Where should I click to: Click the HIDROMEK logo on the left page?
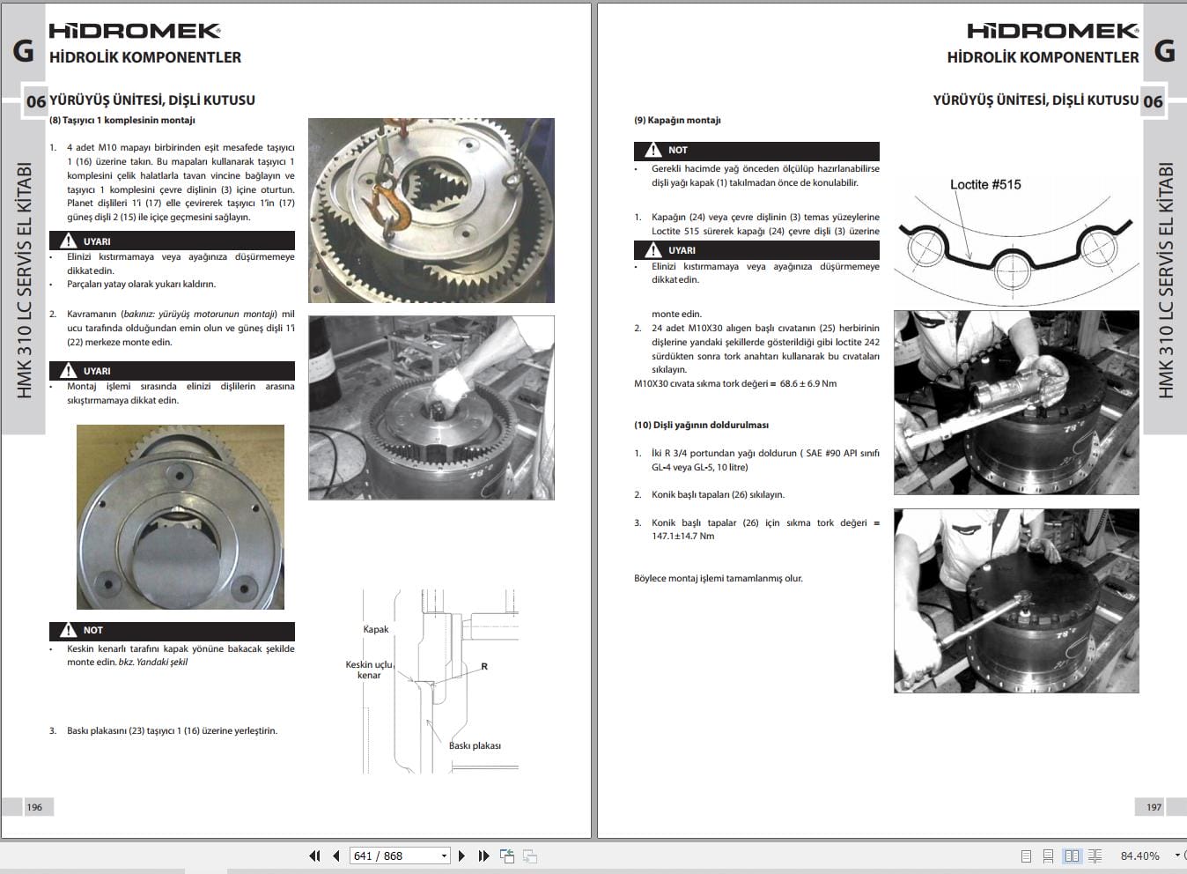coord(134,31)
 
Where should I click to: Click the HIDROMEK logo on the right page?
coord(1052,31)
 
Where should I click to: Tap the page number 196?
coord(34,807)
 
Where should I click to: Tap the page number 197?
coord(1154,807)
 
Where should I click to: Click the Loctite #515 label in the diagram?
coord(985,184)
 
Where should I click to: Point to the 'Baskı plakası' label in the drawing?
coord(475,745)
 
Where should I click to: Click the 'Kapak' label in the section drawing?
coord(376,629)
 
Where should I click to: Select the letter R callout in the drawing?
coord(484,667)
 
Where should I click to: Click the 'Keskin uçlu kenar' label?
coord(369,670)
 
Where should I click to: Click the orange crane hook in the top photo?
coord(393,208)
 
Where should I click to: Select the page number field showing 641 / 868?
coord(399,855)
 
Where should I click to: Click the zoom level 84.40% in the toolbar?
coord(1139,855)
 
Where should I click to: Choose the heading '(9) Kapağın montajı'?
coord(677,120)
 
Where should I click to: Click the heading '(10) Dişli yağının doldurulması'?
coord(701,425)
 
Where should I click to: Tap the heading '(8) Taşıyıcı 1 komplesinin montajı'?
coord(122,120)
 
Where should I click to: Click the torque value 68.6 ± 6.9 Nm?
coord(808,383)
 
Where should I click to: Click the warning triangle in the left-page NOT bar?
coord(69,630)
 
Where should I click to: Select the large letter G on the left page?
coord(24,51)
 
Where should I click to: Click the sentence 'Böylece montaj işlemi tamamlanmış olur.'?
coord(718,578)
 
